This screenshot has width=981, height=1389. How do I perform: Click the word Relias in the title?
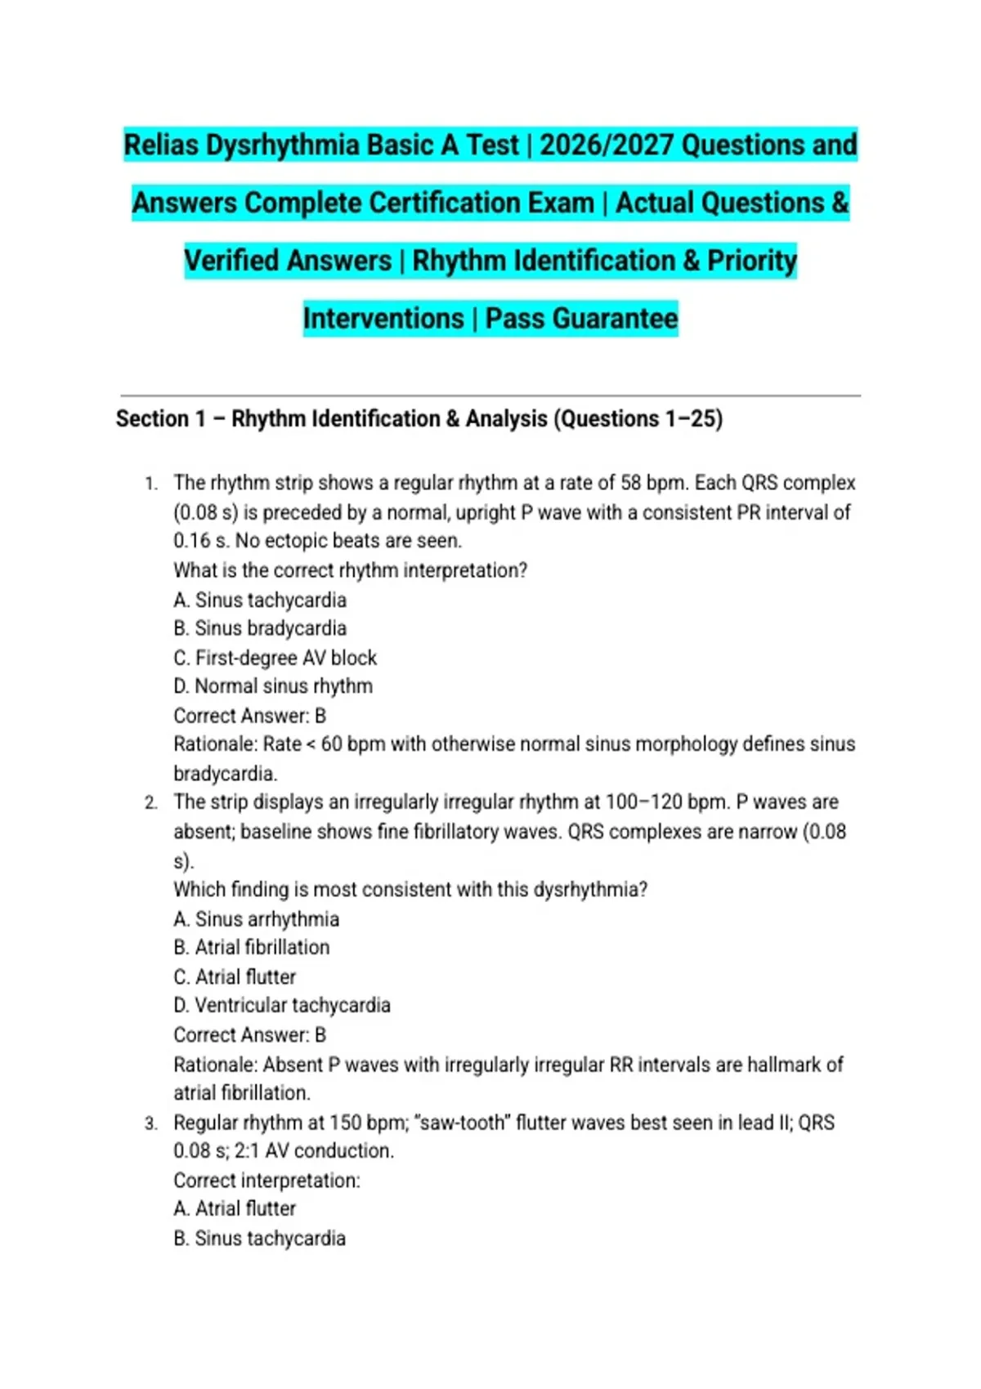tap(161, 145)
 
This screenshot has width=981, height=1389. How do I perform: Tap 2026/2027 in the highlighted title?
tap(607, 145)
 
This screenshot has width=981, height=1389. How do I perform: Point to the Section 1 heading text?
tap(419, 419)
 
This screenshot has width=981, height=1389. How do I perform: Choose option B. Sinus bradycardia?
tap(260, 628)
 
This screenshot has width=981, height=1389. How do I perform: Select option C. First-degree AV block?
tap(275, 658)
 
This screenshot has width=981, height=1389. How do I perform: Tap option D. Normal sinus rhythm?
tap(273, 686)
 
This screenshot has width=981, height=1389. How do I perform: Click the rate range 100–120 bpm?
tap(666, 802)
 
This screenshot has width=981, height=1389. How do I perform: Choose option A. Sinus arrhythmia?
tap(256, 919)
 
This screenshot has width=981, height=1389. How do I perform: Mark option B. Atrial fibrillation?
tap(252, 948)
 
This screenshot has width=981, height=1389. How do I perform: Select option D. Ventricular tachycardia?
tap(282, 1006)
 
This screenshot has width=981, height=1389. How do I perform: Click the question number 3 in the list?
tap(150, 1123)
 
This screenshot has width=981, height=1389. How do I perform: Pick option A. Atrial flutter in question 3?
tap(235, 1209)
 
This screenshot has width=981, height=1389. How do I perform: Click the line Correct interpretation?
tap(267, 1181)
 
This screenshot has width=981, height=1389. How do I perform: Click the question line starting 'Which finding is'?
tap(410, 890)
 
